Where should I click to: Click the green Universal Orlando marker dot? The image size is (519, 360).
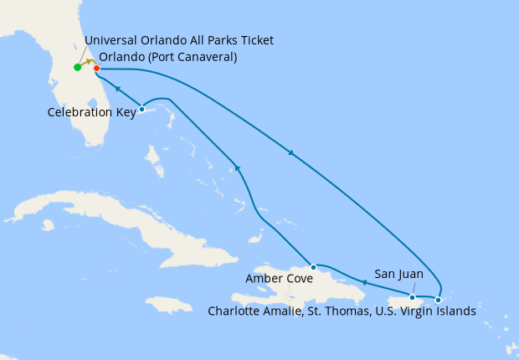pyautogui.click(x=77, y=67)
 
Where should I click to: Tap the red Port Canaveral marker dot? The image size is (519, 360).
pyautogui.click(x=96, y=68)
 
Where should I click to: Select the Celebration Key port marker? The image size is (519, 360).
pyautogui.click(x=142, y=109)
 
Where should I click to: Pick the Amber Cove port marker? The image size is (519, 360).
pyautogui.click(x=314, y=267)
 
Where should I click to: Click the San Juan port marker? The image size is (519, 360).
pyautogui.click(x=412, y=296)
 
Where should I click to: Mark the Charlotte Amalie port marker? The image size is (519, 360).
pyautogui.click(x=438, y=299)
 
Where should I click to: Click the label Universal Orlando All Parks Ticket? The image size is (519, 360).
pyautogui.click(x=179, y=40)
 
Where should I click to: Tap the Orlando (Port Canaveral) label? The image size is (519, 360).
pyautogui.click(x=168, y=57)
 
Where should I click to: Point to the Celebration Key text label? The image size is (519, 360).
pyautogui.click(x=91, y=112)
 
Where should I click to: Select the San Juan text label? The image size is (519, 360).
pyautogui.click(x=398, y=274)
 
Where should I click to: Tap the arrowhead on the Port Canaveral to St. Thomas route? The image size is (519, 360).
pyautogui.click(x=290, y=152)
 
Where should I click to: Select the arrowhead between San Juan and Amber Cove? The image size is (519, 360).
pyautogui.click(x=364, y=283)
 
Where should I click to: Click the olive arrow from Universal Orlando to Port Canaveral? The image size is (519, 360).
pyautogui.click(x=87, y=64)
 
